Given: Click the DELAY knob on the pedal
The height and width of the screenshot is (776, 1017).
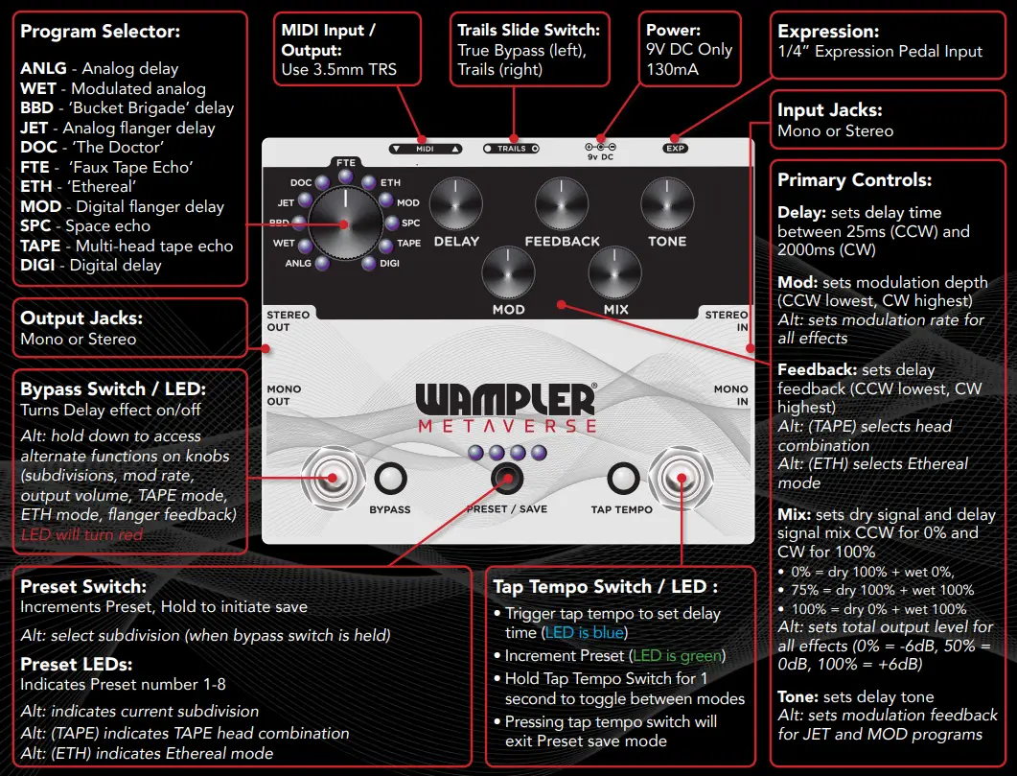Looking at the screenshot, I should (456, 205).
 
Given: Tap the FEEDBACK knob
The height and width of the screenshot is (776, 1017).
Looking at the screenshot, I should (562, 205).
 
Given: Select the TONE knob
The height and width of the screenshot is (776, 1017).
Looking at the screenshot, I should (667, 205).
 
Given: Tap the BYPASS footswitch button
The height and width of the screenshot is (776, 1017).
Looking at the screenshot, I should (390, 478).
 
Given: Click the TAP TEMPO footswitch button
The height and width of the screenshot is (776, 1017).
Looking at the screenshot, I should (623, 478).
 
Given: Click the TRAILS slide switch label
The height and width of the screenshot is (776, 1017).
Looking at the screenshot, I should (511, 149).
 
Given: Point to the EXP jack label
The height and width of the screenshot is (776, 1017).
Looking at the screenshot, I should (676, 149).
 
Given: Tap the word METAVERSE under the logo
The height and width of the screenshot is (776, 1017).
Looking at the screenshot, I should (506, 425).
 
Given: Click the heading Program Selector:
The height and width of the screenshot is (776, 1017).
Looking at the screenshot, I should (101, 33).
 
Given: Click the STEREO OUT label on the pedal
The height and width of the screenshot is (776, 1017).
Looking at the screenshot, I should (288, 321).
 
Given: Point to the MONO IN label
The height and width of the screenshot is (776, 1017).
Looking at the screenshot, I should (730, 395).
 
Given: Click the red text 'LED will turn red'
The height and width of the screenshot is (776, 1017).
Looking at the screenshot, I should (81, 534).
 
